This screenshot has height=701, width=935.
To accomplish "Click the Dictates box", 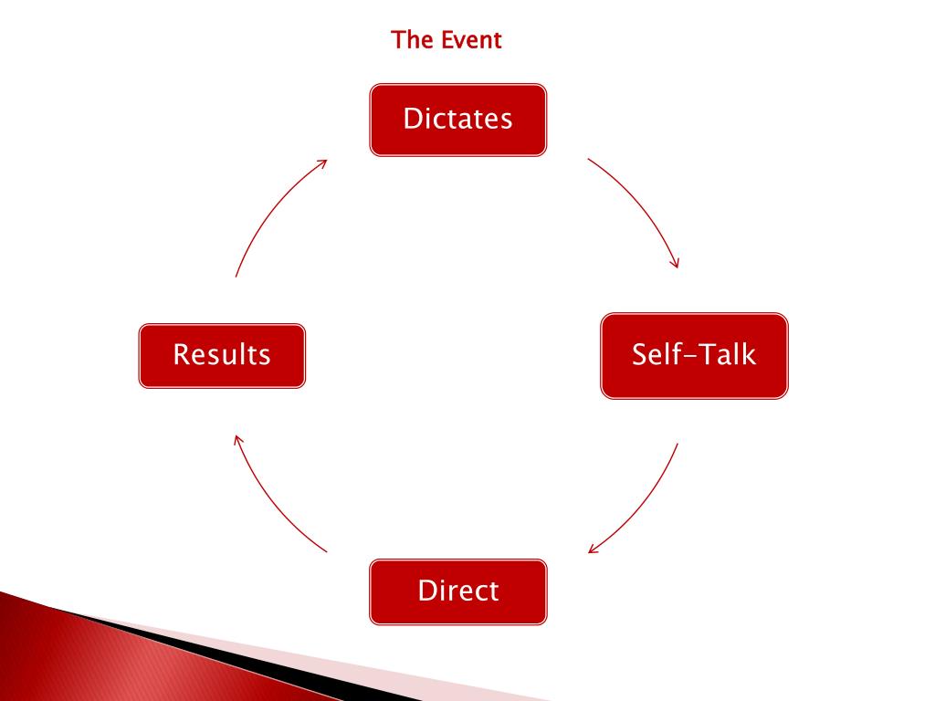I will tap(457, 120).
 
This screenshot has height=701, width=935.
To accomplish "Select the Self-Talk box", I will tap(694, 355).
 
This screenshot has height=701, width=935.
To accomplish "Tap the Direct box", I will tap(457, 591).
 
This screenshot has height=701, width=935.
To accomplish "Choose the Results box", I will tap(222, 355).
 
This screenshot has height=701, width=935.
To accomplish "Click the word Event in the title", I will tap(471, 40).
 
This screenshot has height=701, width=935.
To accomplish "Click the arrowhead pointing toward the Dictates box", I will tap(321, 162).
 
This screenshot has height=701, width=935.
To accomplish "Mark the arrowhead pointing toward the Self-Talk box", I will tap(676, 263).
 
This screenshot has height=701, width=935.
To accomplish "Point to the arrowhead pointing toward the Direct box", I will tap(594, 549).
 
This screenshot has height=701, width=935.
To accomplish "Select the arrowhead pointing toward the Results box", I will tap(237, 439).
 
